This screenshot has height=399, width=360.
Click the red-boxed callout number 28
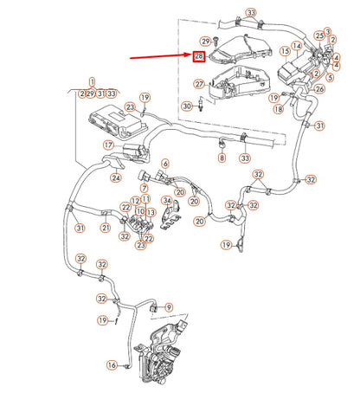[199, 56]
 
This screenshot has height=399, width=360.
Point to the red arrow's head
[190, 55]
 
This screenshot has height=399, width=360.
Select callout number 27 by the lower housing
[199, 84]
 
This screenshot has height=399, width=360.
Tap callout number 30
[187, 106]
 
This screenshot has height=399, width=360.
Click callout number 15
[286, 51]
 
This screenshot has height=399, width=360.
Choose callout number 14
[297, 46]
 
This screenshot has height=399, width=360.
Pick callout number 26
[319, 89]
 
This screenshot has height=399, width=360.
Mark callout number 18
[279, 109]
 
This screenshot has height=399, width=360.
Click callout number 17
[109, 145]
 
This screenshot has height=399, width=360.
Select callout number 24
[116, 177]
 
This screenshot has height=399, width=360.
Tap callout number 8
[222, 158]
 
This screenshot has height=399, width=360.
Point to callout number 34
[167, 200]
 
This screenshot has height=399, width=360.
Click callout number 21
[106, 228]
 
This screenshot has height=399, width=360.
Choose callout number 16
[112, 365]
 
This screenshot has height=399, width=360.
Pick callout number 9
[169, 307]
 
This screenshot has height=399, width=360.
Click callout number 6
[165, 164]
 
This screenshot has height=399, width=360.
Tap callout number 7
[144, 188]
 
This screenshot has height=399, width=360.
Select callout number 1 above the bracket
[92, 81]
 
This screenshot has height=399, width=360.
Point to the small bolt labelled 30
[201, 105]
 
